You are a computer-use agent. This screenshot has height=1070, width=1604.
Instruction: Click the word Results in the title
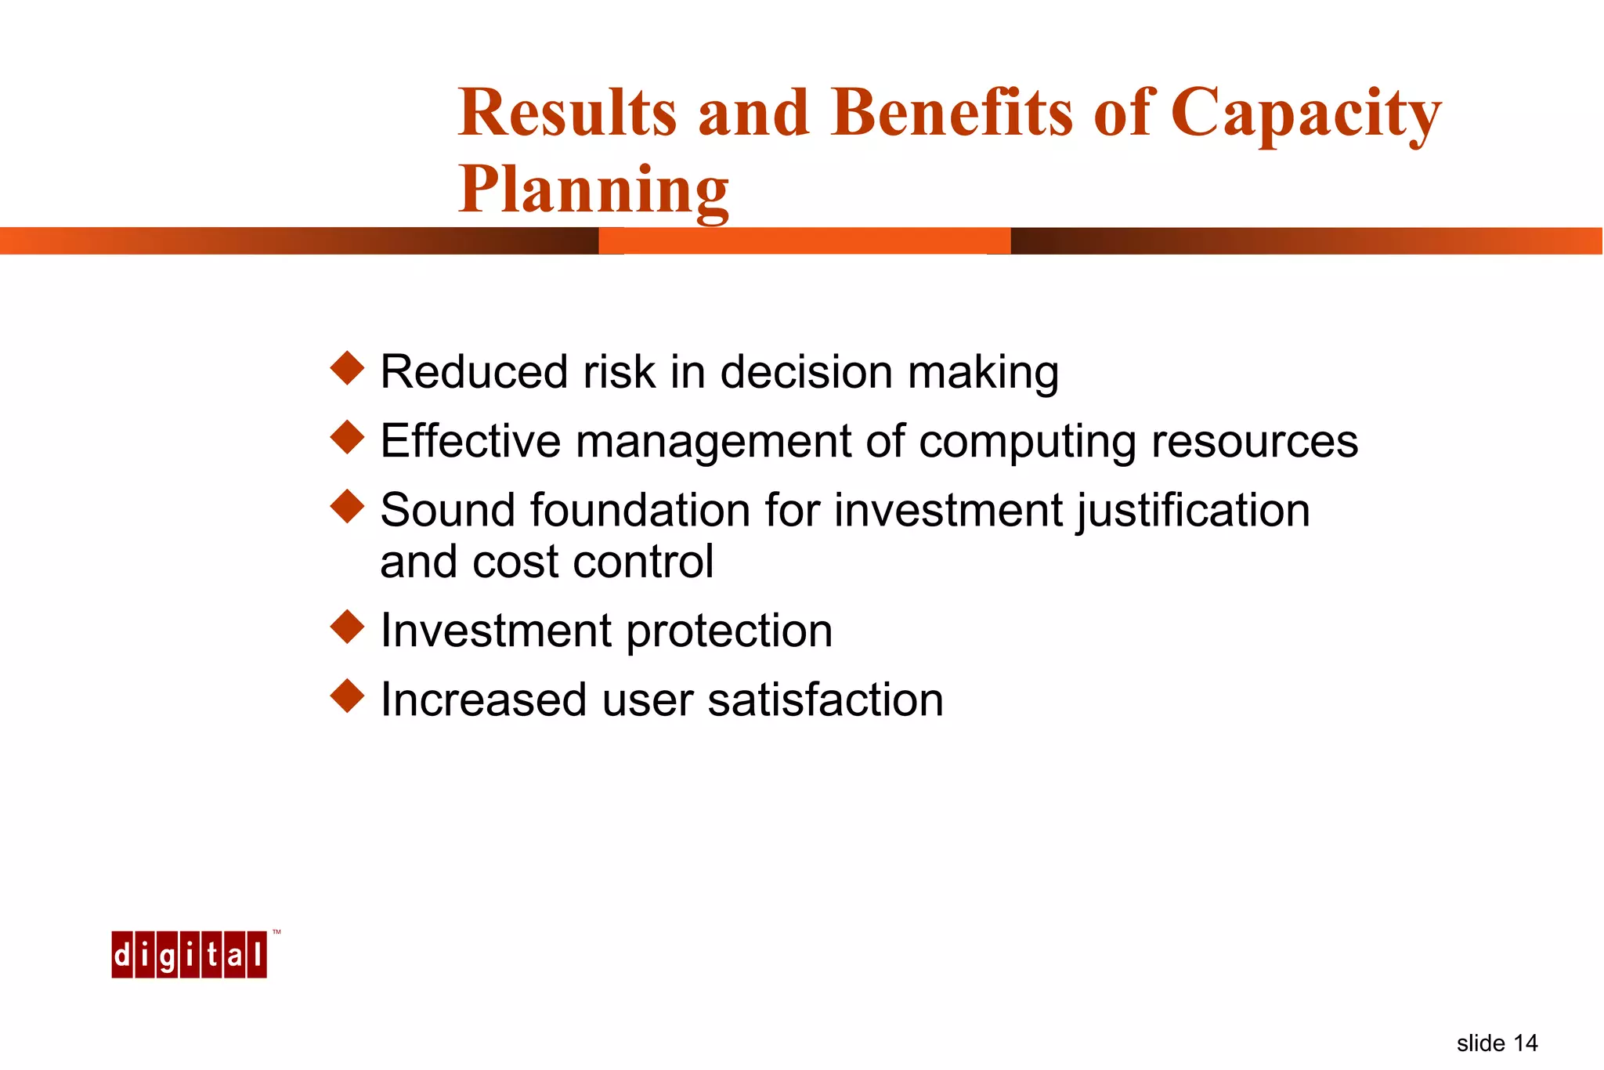pyautogui.click(x=567, y=114)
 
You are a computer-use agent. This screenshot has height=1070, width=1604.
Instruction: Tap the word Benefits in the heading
pyautogui.click(x=952, y=114)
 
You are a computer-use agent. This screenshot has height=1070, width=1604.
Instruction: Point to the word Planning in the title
pyautogui.click(x=594, y=190)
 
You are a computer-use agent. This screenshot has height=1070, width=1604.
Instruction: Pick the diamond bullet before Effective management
pyautogui.click(x=348, y=437)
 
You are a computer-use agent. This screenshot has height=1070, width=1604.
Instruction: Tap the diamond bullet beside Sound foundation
pyautogui.click(x=348, y=506)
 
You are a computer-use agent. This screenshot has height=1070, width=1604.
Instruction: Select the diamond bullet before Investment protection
pyautogui.click(x=348, y=627)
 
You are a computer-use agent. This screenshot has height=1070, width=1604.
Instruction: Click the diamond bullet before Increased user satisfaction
pyautogui.click(x=348, y=696)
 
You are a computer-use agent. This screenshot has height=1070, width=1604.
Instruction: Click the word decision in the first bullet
pyautogui.click(x=806, y=372)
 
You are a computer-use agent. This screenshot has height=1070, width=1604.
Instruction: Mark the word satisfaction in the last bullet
pyautogui.click(x=825, y=700)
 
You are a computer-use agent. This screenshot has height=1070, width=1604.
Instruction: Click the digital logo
pyautogui.click(x=189, y=955)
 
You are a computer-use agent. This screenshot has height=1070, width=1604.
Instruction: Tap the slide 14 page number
pyautogui.click(x=1497, y=1043)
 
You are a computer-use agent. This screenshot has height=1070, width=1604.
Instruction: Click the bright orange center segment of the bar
pyautogui.click(x=804, y=241)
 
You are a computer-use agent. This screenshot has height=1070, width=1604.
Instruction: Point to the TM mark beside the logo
pyautogui.click(x=276, y=933)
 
